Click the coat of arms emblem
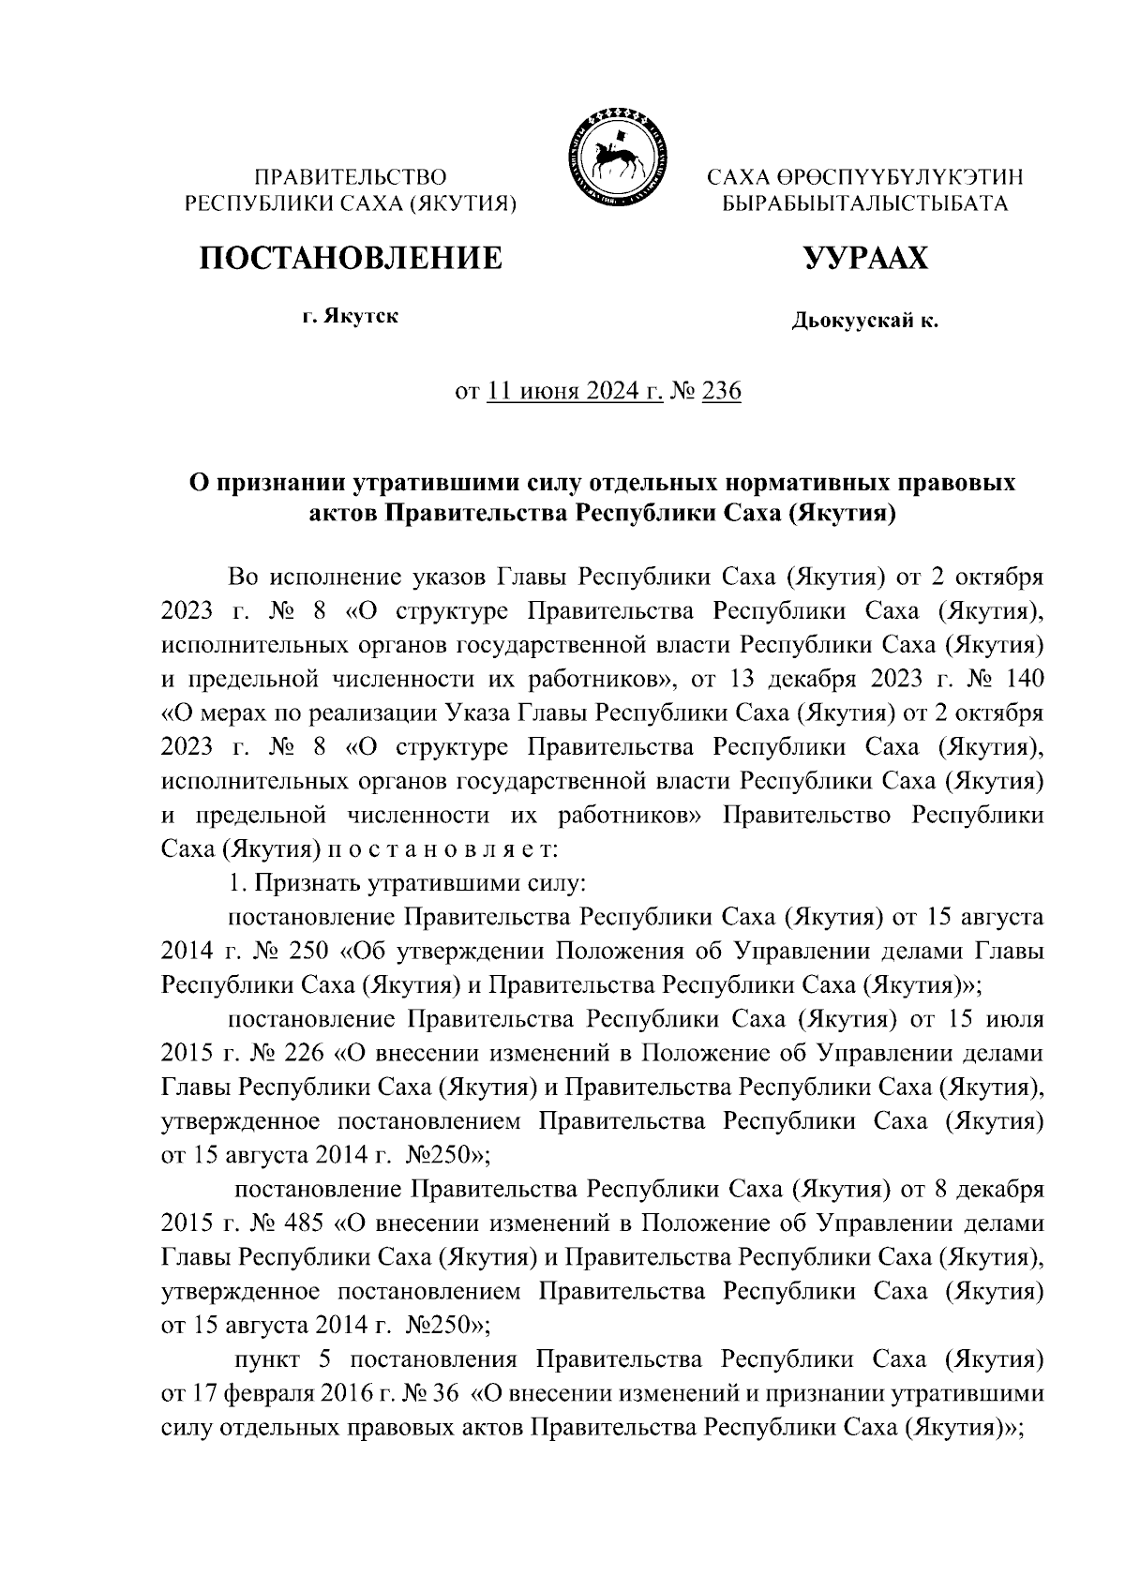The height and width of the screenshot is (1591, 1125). (615, 156)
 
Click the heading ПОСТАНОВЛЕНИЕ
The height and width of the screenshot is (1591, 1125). (349, 258)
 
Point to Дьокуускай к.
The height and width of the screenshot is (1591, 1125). (864, 322)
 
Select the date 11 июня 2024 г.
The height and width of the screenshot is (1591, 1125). (575, 392)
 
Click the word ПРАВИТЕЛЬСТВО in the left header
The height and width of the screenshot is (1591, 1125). (352, 177)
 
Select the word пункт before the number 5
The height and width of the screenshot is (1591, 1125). (267, 1359)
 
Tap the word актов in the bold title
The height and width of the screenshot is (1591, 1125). (343, 513)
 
